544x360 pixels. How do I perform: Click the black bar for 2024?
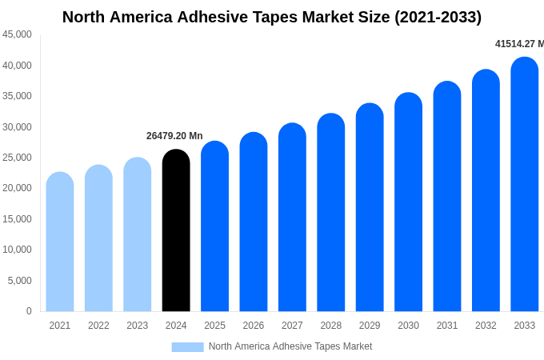tap(176, 232)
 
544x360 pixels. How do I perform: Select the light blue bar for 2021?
tap(60, 242)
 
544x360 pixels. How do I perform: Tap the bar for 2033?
tap(524, 186)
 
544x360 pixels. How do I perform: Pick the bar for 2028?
tap(330, 214)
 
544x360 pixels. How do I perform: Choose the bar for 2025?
tap(214, 227)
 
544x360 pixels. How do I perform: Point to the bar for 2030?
tap(408, 203)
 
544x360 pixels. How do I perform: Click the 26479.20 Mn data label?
tap(174, 136)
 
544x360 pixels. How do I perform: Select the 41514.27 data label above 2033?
tap(518, 44)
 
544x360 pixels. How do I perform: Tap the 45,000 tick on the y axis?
tap(18, 34)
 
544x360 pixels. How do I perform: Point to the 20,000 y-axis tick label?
tap(18, 188)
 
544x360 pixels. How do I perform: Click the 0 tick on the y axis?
tap(29, 311)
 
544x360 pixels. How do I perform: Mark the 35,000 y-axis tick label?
tap(18, 96)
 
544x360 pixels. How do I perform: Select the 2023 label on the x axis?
tap(138, 326)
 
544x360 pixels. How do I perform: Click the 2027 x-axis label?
tap(292, 326)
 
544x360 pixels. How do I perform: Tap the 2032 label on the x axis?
tap(486, 326)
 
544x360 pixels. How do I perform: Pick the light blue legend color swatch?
tap(187, 347)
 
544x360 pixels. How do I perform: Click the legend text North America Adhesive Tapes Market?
tap(290, 346)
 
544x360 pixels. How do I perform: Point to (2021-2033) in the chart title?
tap(438, 17)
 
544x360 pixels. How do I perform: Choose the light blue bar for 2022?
tap(98, 239)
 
